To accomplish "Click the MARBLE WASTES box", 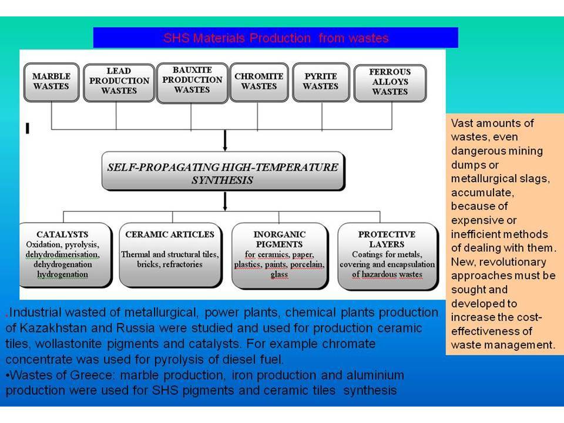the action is click(x=52, y=82).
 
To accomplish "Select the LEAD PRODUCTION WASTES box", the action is click(x=119, y=82).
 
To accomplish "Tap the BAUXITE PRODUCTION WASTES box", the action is click(x=192, y=82).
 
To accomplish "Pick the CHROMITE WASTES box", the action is click(x=259, y=82).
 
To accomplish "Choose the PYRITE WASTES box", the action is click(x=321, y=82).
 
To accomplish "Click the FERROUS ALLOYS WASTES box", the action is click(x=390, y=83).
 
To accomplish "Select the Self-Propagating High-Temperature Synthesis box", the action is click(x=223, y=172).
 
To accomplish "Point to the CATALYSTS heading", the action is click(x=63, y=234).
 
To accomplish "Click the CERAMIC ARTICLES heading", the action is click(x=170, y=234).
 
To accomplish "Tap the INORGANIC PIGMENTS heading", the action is click(x=280, y=239).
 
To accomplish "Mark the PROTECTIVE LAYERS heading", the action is click(x=387, y=239).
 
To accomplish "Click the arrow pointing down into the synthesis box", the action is click(x=225, y=140).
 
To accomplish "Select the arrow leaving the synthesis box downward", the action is click(x=225, y=201).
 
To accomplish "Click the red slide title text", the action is click(x=276, y=38).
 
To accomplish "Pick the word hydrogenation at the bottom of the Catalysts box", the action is click(x=63, y=274).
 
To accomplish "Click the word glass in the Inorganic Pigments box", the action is click(x=280, y=274).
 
